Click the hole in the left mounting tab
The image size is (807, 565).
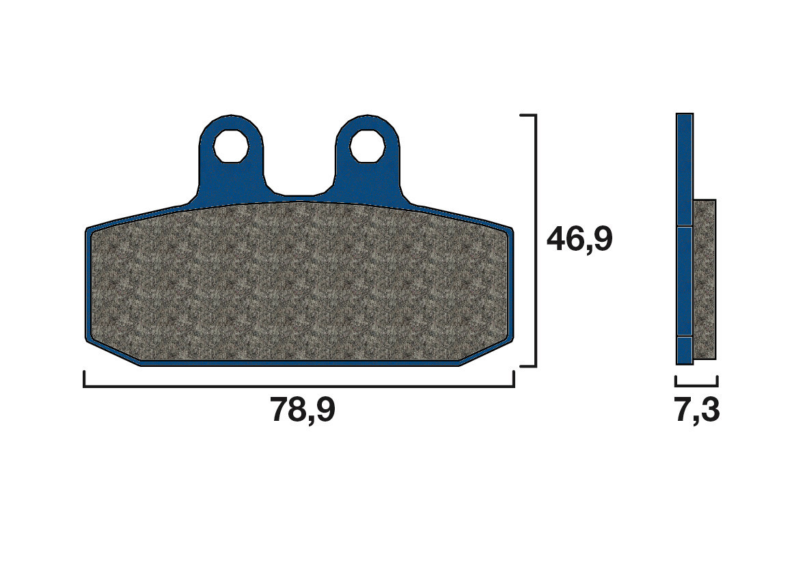[x=230, y=145]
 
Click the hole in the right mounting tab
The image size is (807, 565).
[x=368, y=145]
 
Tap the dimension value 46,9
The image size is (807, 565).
[x=579, y=239]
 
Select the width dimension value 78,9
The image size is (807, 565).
[x=303, y=410]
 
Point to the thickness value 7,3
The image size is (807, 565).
[x=697, y=411]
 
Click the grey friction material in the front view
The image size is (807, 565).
[x=301, y=284]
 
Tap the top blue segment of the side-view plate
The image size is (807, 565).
[x=685, y=169]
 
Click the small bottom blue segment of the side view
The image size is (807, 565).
[x=685, y=350]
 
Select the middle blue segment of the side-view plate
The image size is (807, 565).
[x=685, y=281]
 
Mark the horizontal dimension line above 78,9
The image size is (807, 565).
[x=299, y=387]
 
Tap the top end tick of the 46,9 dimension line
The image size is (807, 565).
[x=528, y=115]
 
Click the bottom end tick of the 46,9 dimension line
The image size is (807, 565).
[x=528, y=366]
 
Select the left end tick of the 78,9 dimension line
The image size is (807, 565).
[x=84, y=379]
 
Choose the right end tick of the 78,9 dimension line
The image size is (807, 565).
[x=513, y=379]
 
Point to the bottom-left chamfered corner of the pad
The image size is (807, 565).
[x=113, y=353]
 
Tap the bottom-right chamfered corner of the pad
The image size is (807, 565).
[x=487, y=353]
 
